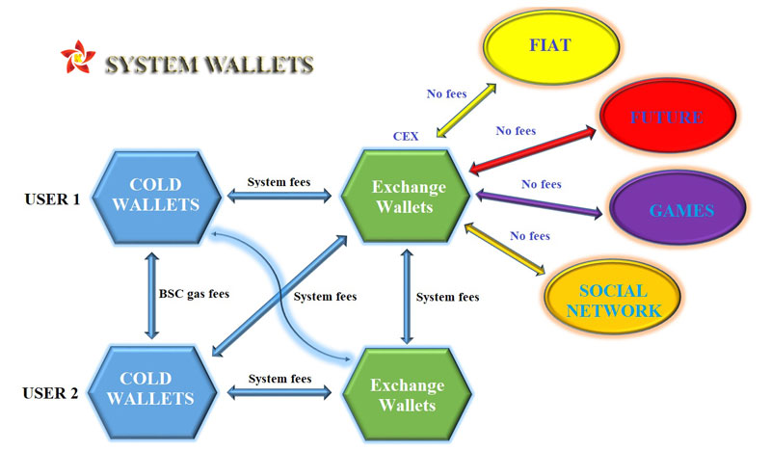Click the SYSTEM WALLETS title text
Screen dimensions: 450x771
(x=209, y=65)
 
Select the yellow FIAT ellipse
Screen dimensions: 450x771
(x=546, y=46)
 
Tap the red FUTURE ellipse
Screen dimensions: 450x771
(x=666, y=118)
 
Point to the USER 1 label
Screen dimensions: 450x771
(x=51, y=199)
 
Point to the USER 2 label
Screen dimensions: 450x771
(x=51, y=393)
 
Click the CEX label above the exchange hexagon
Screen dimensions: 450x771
(x=406, y=138)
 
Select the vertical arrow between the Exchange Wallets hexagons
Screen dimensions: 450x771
(x=406, y=293)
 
